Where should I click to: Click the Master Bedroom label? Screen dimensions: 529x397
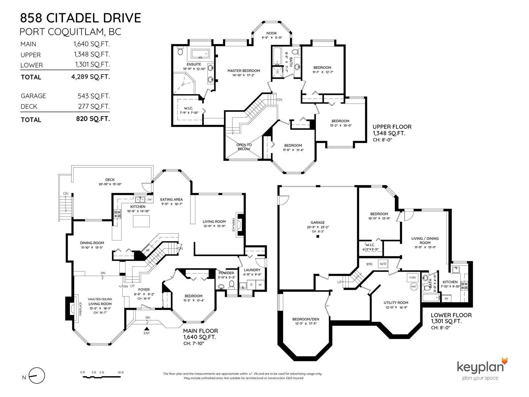coord(244,70)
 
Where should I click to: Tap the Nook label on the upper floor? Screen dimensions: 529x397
coord(272,33)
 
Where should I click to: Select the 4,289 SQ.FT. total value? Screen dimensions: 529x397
coord(91,77)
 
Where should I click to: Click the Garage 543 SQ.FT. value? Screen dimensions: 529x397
coord(94,96)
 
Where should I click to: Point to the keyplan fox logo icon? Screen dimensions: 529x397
coord(505,361)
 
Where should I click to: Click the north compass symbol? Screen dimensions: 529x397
coord(37,375)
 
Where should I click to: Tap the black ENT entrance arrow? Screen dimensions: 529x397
coord(146,329)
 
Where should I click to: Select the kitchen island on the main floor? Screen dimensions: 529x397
coord(142,221)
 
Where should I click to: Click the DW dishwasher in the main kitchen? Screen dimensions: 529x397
coord(149,199)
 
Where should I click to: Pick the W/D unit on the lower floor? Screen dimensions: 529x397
coord(383,264)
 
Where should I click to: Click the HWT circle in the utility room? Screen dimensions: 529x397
coord(414,287)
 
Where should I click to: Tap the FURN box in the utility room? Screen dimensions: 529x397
coord(412,278)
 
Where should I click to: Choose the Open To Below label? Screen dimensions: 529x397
coord(244,147)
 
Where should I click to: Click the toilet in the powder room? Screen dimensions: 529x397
coord(232,284)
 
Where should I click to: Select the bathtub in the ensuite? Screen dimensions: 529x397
coord(200,54)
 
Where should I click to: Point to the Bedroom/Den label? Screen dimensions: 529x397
coord(305,319)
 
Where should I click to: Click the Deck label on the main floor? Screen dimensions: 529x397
coord(110,180)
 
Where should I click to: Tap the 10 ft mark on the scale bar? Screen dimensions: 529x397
coord(121,373)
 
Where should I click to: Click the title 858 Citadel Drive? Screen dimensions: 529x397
coord(80,18)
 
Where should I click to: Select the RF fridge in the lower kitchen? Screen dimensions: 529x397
coord(447,299)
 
